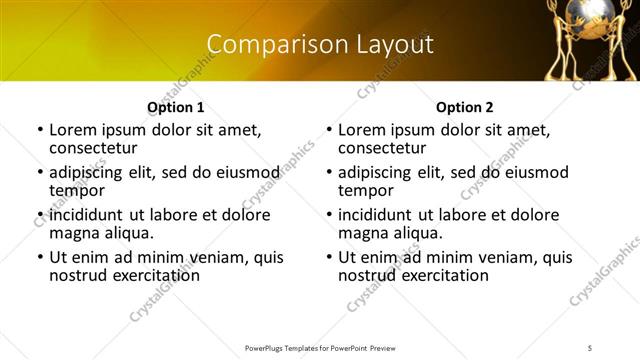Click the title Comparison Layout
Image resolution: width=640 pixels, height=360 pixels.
click(x=320, y=45)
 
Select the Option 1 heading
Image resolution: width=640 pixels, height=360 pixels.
click(x=175, y=107)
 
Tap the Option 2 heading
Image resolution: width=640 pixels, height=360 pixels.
click(x=464, y=107)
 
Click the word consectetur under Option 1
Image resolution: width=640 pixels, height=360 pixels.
click(x=99, y=148)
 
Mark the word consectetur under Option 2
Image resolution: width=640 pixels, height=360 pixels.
click(x=388, y=148)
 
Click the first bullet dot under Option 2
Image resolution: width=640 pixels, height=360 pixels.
click(x=329, y=131)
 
